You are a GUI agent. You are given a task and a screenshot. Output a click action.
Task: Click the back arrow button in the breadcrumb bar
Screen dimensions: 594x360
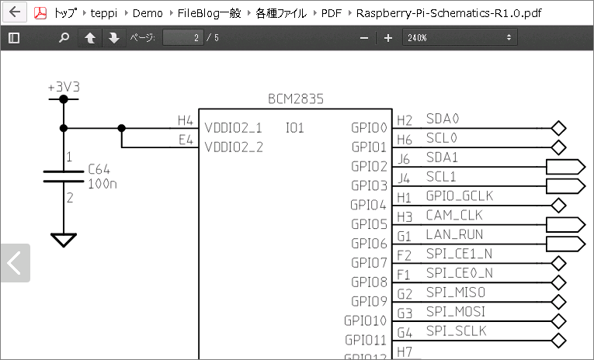(x=15, y=12)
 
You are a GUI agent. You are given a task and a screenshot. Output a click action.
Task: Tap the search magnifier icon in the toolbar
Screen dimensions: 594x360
(x=64, y=37)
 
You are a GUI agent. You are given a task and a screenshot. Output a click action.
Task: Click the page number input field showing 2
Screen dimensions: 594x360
(x=183, y=37)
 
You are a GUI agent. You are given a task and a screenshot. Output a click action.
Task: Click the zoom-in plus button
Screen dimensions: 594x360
(x=388, y=38)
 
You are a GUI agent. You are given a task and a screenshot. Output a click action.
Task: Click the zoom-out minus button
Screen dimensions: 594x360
(x=364, y=38)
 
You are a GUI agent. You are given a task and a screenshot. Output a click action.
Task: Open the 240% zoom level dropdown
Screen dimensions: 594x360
(x=460, y=37)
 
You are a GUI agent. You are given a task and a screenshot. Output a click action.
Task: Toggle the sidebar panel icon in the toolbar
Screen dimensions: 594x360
(x=14, y=37)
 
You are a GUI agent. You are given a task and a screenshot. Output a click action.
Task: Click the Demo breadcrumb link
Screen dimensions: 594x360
(x=148, y=13)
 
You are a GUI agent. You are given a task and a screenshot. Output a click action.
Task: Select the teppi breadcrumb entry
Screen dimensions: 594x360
(x=104, y=13)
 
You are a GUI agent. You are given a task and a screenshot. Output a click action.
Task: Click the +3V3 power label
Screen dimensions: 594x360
(x=64, y=87)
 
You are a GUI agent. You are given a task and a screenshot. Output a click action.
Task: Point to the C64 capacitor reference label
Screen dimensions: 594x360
(x=99, y=169)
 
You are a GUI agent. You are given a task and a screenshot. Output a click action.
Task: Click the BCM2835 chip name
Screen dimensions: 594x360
(x=296, y=99)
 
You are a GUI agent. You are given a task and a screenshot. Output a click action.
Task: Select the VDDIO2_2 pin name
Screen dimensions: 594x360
(x=234, y=147)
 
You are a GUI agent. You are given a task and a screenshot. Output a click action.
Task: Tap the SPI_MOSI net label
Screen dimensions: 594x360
(x=456, y=312)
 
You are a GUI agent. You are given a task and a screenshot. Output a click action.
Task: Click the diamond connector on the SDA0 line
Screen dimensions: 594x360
(x=559, y=128)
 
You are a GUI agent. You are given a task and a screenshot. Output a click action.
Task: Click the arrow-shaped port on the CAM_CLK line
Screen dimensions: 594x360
(x=565, y=225)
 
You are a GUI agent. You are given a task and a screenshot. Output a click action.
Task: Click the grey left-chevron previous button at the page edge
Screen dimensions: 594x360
(x=16, y=263)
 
